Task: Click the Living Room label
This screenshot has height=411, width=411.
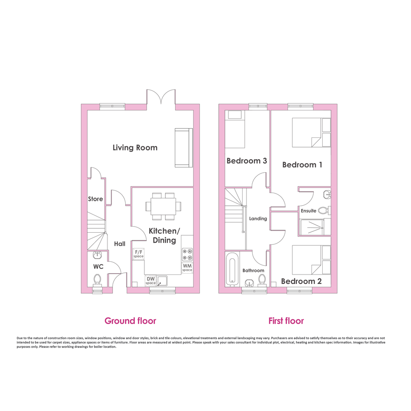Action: click(x=135, y=148)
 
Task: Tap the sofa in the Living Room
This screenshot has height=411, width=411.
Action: click(x=184, y=147)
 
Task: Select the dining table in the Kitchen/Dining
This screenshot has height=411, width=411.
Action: click(x=163, y=206)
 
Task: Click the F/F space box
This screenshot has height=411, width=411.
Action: click(x=138, y=254)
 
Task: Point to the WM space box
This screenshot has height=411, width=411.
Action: click(x=187, y=267)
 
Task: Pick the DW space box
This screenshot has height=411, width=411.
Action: click(x=151, y=281)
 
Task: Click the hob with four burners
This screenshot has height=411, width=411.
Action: click(x=187, y=254)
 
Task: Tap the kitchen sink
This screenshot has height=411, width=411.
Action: click(x=162, y=281)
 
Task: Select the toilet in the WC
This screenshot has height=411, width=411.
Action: click(x=97, y=280)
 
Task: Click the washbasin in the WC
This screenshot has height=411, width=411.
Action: click(x=97, y=254)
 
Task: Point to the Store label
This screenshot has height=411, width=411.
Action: click(x=95, y=199)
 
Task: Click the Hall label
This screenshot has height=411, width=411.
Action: click(x=120, y=244)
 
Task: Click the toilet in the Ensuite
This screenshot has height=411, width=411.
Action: click(x=324, y=210)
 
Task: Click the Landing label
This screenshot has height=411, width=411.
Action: click(x=258, y=218)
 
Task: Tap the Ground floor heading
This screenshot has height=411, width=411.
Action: click(x=130, y=321)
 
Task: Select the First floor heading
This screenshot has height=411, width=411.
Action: click(x=286, y=321)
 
